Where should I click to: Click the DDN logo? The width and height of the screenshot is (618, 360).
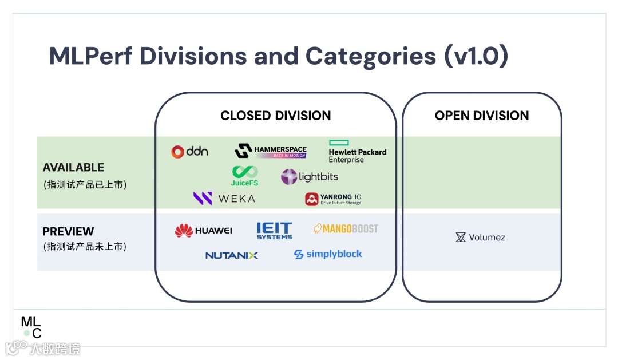click(x=189, y=151)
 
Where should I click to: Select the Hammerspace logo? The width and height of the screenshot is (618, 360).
click(x=270, y=151)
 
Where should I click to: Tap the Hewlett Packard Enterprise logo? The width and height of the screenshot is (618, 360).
click(x=357, y=152)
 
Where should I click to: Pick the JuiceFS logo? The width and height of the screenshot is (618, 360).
click(x=244, y=176)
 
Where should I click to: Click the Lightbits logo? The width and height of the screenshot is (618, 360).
click(x=310, y=177)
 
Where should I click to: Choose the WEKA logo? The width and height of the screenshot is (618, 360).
click(x=224, y=199)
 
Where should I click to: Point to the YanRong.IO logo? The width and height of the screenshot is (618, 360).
click(x=333, y=199)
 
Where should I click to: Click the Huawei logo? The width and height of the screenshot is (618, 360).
click(x=203, y=230)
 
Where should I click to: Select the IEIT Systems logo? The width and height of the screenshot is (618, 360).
click(x=274, y=230)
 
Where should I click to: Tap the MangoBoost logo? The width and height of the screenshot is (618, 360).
click(x=346, y=229)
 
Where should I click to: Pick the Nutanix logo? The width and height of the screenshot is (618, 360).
click(x=232, y=255)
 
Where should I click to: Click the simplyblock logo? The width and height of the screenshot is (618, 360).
click(x=328, y=254)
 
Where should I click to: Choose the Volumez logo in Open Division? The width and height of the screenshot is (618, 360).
click(x=480, y=237)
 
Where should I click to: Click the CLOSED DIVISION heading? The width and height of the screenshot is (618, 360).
click(x=275, y=116)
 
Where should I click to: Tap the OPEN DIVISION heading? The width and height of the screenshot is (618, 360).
click(x=482, y=116)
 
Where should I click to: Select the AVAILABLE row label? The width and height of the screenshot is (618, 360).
click(x=73, y=168)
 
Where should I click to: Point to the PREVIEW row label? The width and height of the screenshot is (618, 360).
click(x=68, y=231)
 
